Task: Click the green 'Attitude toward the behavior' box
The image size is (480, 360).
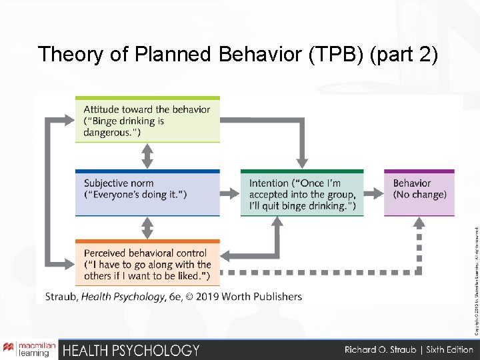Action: tap(147, 120)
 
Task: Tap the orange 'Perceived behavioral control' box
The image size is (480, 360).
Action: tap(147, 263)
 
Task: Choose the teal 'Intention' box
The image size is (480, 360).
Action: tap(301, 194)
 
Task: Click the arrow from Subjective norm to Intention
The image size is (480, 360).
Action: tap(230, 194)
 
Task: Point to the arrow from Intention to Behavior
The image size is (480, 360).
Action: tap(373, 194)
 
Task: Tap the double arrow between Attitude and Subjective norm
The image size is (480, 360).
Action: tap(147, 157)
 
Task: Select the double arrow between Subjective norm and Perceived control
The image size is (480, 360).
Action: tap(147, 228)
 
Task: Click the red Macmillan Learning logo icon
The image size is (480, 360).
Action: tap(9, 349)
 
